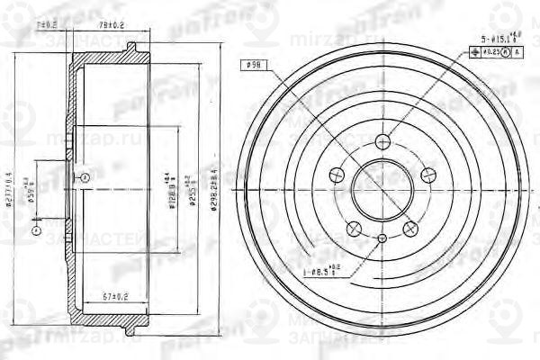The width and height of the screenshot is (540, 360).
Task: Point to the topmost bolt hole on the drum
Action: pos(382,140)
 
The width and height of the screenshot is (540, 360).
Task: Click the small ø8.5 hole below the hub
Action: pos(382,238)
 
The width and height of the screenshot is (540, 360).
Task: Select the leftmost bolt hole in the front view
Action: pos(338,174)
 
